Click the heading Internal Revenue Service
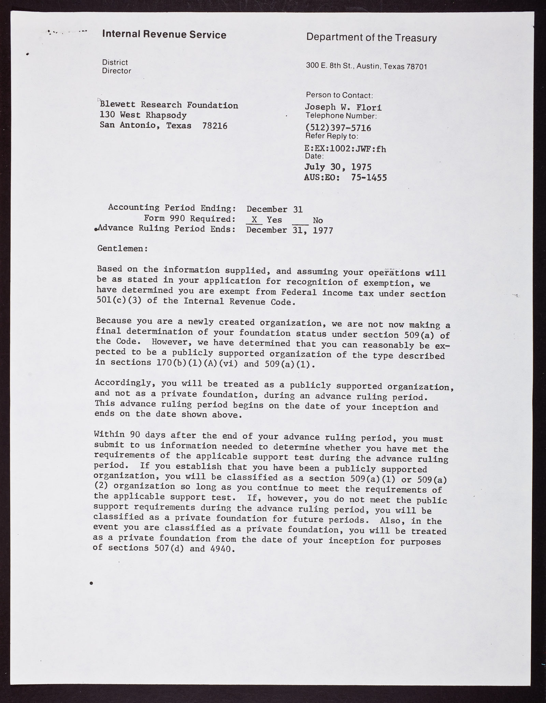164,35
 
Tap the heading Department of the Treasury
371,37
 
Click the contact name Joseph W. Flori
343,107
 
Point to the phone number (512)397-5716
338,128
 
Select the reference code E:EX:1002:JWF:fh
345,149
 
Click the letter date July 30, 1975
337,167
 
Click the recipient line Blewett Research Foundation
169,105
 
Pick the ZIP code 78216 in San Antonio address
215,126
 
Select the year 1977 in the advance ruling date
322,230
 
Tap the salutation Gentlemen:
123,248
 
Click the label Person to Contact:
339,95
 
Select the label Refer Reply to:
332,136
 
